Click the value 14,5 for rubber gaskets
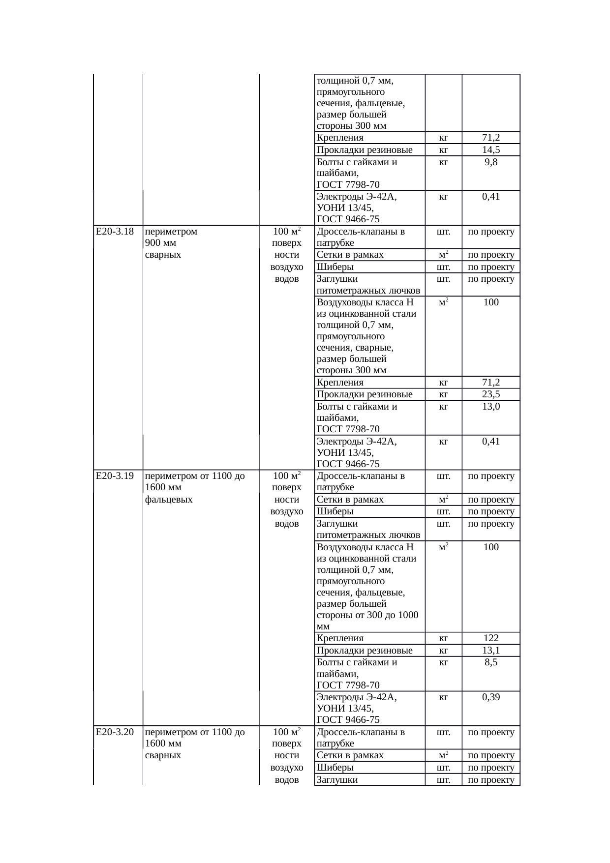pos(491,150)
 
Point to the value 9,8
pos(491,162)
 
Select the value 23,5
pos(491,394)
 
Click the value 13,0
pos(491,407)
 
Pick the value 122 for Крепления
pos(491,638)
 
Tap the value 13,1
pos(491,651)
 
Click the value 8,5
pos(491,662)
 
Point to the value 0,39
pos(491,697)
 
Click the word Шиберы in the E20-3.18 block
pos(335,267)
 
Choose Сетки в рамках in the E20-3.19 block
pos(350,500)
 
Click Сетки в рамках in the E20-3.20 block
pos(350,755)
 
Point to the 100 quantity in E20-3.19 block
pos(491,547)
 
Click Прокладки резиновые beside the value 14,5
pos(365,150)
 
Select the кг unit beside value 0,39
pos(443,697)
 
